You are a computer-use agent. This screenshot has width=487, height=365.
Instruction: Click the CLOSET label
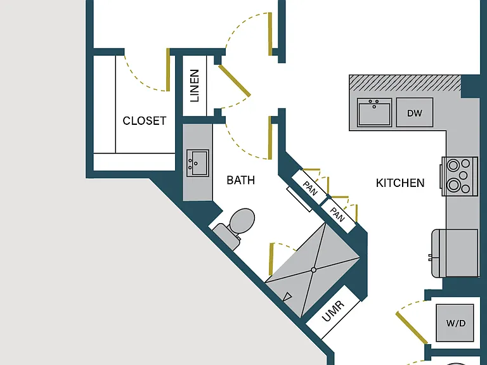pyautogui.click(x=145, y=121)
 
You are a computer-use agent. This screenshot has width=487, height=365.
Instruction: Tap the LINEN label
pyautogui.click(x=195, y=86)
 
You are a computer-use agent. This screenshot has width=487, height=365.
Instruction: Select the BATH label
pyautogui.click(x=241, y=181)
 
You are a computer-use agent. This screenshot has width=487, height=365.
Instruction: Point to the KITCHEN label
pyautogui.click(x=400, y=183)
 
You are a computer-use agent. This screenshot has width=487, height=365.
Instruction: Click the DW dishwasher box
pyautogui.click(x=415, y=112)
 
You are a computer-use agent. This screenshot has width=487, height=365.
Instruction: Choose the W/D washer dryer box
pyautogui.click(x=455, y=323)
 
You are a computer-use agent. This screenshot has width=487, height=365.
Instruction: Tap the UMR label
pyautogui.click(x=333, y=311)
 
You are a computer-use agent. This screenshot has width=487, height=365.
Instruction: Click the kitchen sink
pyautogui.click(x=374, y=112)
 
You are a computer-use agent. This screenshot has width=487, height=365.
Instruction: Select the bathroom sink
pyautogui.click(x=198, y=163)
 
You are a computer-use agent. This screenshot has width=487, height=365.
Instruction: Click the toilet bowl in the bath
pyautogui.click(x=242, y=220)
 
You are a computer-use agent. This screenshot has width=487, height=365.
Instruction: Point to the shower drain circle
pyautogui.click(x=313, y=270)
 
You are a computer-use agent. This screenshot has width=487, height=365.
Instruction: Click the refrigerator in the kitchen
pyautogui.click(x=455, y=253)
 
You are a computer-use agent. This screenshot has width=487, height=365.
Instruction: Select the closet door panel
pyautogui.click(x=168, y=70)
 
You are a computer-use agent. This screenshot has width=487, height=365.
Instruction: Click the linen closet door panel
pyautogui.click(x=235, y=80)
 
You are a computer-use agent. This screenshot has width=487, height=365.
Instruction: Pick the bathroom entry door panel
pyautogui.click(x=270, y=138)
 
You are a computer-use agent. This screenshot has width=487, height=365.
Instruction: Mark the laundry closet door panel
pyautogui.click(x=412, y=328)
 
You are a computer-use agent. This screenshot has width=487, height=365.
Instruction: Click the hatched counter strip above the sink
pyautogui.click(x=405, y=82)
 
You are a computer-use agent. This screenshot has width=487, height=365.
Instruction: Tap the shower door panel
pyautogui.click(x=271, y=259)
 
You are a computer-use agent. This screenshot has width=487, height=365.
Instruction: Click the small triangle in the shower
pyautogui.click(x=287, y=297)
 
